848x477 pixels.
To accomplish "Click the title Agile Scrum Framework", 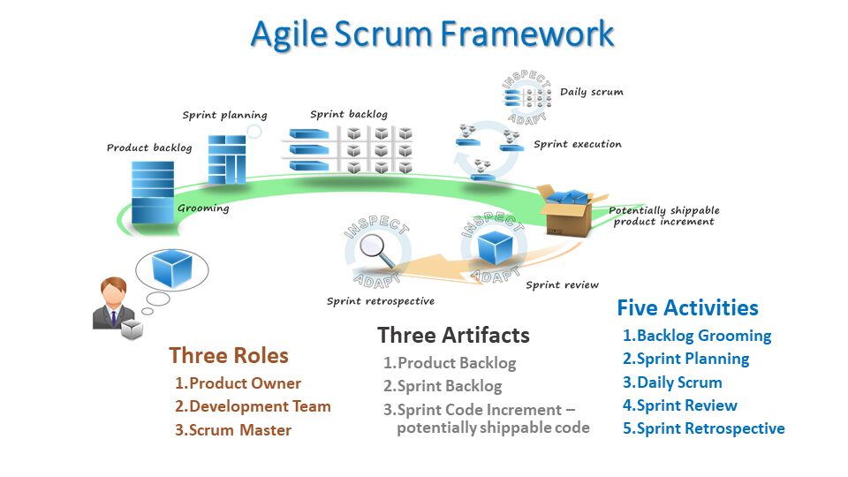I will point(432,34).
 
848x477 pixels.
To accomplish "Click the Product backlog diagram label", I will point(148,148).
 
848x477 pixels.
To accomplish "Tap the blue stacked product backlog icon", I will point(152,192).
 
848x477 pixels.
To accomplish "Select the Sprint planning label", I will point(224,115).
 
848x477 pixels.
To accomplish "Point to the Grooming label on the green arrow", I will point(203,208).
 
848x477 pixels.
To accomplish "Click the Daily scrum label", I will point(591,92).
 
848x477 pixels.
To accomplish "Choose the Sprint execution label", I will point(577,144).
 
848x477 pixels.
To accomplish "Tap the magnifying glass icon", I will point(379,250).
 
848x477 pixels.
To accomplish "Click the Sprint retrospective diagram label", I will point(380,301).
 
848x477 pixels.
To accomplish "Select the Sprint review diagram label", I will point(562,284).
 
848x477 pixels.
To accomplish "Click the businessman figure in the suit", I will point(113,304).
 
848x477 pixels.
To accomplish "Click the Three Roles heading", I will point(229,355).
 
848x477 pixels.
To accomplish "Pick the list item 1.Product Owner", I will point(238,383).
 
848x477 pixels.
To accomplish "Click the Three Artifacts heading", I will point(453,335).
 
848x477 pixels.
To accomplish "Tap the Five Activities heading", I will point(687,307).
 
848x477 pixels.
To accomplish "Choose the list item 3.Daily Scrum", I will point(672,382).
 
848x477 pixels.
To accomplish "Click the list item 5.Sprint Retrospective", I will point(703,428).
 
